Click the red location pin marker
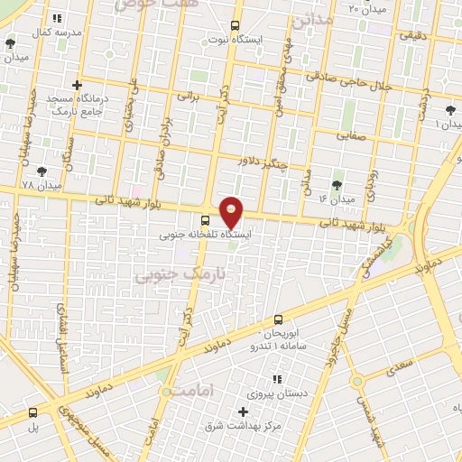coord(232,211)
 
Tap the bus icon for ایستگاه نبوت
coord(236,26)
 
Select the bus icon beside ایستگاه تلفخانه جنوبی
coord(206,219)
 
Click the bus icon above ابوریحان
coord(278,319)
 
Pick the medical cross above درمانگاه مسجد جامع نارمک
coord(78,85)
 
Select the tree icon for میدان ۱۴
coord(337,185)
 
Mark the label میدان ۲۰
coord(342,10)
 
